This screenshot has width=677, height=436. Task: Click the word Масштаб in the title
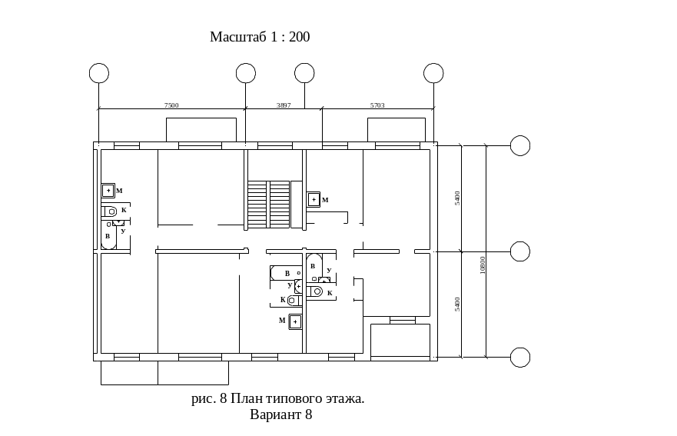click(239, 37)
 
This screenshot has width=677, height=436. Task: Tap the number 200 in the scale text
click(299, 37)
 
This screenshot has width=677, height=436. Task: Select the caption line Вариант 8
click(280, 414)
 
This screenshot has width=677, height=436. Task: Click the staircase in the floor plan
click(269, 204)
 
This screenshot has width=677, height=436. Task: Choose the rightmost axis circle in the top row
click(433, 73)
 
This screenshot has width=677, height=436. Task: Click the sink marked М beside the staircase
click(314, 200)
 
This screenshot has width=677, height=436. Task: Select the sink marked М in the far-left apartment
click(108, 191)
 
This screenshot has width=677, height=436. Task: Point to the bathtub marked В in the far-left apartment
click(108, 234)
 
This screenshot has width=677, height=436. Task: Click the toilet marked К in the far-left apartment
click(111, 210)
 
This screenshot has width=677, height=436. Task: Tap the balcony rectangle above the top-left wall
click(201, 129)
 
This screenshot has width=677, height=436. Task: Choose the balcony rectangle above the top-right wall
click(397, 129)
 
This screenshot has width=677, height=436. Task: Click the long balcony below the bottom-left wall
click(164, 373)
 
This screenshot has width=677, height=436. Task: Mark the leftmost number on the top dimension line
click(171, 105)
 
